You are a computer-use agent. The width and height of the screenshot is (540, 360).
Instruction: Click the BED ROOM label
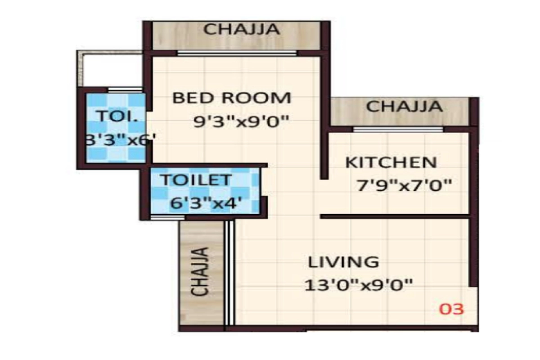[232, 98]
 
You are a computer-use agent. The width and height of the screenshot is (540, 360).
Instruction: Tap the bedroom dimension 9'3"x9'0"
[241, 121]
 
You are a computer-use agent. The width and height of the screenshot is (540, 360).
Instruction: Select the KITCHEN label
[391, 162]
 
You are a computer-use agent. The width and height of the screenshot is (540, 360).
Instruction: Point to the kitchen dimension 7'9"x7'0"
[403, 184]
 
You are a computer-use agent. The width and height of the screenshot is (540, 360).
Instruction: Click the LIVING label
[344, 262]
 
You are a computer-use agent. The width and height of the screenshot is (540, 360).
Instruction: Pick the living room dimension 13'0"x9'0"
[359, 285]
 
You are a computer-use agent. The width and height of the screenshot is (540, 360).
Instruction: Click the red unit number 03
[451, 310]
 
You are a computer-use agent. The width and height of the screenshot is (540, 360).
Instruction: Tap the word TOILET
[196, 180]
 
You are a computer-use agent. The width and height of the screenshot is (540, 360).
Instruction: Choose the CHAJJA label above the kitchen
[404, 107]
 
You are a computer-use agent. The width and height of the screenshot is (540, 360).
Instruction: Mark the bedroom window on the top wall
[237, 53]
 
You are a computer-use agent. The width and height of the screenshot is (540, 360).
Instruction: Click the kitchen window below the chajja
[398, 130]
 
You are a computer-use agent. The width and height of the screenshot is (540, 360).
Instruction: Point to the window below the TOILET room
[167, 217]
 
